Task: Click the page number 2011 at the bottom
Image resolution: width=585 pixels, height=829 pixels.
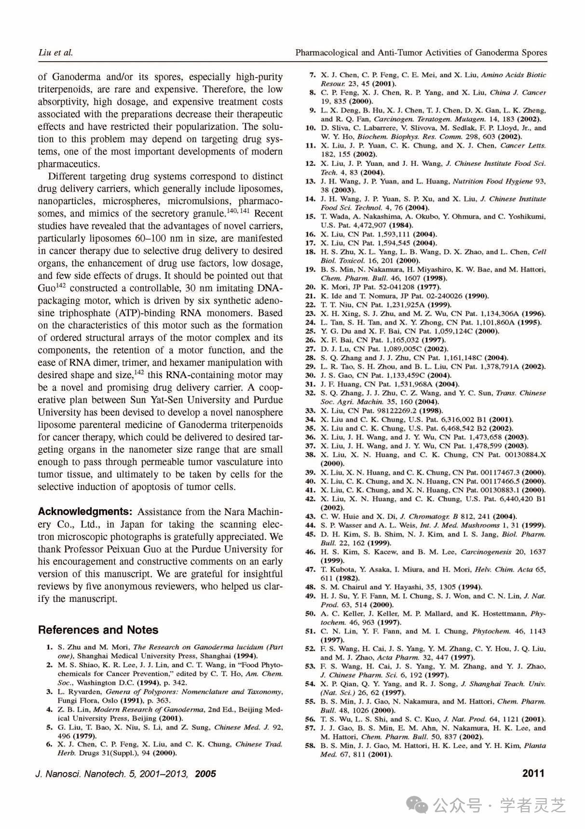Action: pyautogui.click(x=533, y=774)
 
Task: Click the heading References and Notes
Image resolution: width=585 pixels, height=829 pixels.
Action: pyautogui.click(x=98, y=630)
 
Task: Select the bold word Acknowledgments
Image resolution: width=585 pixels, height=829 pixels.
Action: pyautogui.click(x=85, y=512)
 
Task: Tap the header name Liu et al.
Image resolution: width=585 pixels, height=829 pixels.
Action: pyautogui.click(x=55, y=53)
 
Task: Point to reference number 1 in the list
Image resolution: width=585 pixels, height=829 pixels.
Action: pyautogui.click(x=49, y=647)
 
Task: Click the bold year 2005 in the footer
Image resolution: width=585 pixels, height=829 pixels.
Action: pyautogui.click(x=205, y=774)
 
